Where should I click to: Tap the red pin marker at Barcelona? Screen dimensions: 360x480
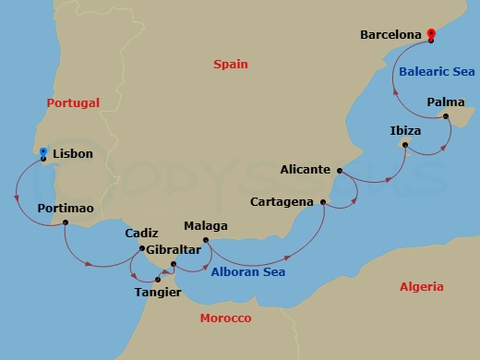click(431, 35)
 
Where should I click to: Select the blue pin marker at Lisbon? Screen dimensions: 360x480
click(42, 150)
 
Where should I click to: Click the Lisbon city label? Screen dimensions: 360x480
click(73, 153)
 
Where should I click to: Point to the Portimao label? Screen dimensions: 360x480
click(66, 209)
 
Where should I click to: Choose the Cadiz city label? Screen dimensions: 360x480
click(141, 234)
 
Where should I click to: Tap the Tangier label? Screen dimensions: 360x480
click(159, 293)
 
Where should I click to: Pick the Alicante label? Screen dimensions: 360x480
click(306, 170)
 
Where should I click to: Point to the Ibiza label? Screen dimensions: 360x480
click(404, 131)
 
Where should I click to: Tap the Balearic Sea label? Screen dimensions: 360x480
click(437, 71)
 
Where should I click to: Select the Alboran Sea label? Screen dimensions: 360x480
click(248, 272)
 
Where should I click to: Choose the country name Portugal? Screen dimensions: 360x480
click(74, 102)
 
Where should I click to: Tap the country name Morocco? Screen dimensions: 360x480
click(225, 318)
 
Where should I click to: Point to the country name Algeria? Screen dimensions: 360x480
click(422, 287)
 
